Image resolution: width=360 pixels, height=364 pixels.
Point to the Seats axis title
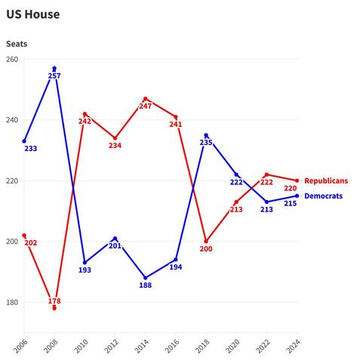(x=17, y=44)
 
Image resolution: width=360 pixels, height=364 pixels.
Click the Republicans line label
(x=326, y=181)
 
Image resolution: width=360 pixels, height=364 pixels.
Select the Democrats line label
(x=323, y=196)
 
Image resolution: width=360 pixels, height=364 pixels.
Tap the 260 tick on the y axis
(x=13, y=60)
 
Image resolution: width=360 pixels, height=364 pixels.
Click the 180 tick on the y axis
(x=13, y=303)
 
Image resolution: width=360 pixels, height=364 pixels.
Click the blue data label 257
(x=54, y=76)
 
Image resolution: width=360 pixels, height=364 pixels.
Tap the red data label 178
(x=54, y=301)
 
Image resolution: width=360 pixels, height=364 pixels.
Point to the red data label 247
(x=145, y=106)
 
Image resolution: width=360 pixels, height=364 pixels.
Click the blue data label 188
(x=145, y=285)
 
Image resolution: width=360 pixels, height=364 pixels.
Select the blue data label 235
(x=206, y=142)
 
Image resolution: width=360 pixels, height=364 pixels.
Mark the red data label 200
(x=206, y=249)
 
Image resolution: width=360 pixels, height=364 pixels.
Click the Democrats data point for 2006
(x=24, y=141)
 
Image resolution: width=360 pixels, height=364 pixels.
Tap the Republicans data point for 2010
(x=85, y=114)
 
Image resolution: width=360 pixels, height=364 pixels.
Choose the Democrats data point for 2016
(x=176, y=260)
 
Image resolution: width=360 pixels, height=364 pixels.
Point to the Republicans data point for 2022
(x=266, y=174)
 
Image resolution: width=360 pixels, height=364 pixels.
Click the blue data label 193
(x=85, y=270)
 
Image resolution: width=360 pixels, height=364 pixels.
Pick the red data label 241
(x=175, y=125)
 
